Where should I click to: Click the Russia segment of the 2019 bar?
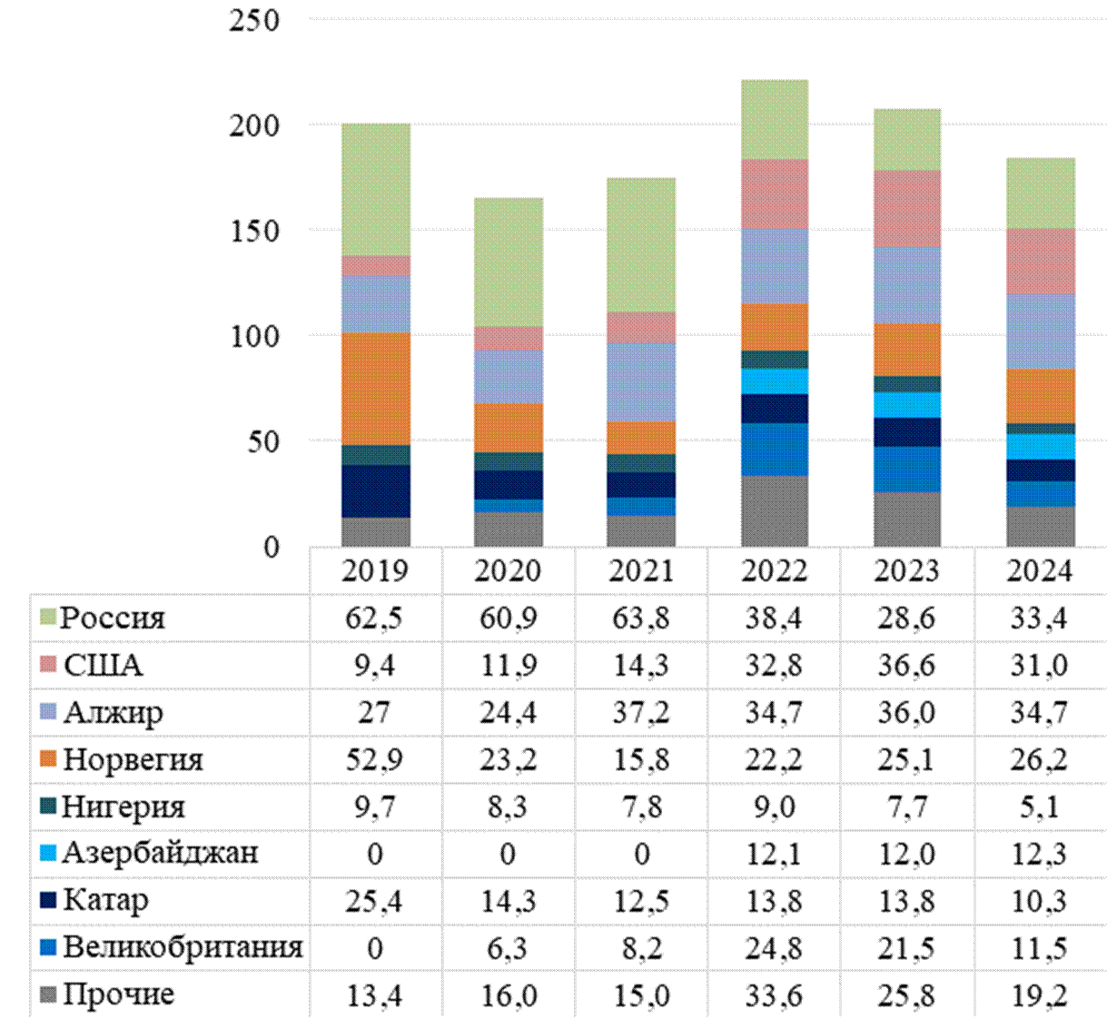[376, 189]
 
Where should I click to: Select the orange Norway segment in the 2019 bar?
[376, 388]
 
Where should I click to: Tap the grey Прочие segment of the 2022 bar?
[774, 510]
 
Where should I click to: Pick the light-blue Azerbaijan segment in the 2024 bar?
[1041, 446]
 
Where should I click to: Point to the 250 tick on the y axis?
[254, 20]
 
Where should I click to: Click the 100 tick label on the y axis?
[254, 335]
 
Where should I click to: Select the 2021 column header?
[641, 571]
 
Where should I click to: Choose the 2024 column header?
[1040, 571]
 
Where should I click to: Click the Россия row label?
[113, 618]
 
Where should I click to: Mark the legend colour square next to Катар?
[49, 901]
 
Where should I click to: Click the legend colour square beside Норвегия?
[49, 759]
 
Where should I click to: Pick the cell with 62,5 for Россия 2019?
[375, 618]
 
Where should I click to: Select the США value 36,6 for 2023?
[906, 666]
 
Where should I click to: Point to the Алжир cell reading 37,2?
[641, 713]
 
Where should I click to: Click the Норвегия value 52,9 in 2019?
[375, 759]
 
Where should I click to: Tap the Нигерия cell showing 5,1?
[1040, 806]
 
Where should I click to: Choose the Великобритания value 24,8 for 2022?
[774, 948]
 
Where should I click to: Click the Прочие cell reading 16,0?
[508, 995]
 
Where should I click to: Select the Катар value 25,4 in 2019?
[375, 901]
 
